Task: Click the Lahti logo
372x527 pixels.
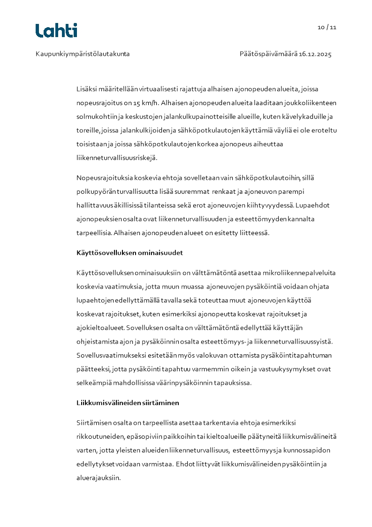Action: coord(56,31)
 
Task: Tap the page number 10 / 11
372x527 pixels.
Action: coord(327,27)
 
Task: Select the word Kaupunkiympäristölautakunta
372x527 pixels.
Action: coord(83,54)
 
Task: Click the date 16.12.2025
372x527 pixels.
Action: coord(315,54)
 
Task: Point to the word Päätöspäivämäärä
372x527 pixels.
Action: coord(268,54)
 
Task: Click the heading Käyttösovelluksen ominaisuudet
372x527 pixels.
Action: coord(129,253)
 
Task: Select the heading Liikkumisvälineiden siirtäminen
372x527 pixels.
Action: coord(128,403)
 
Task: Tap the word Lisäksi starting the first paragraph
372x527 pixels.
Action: coord(87,89)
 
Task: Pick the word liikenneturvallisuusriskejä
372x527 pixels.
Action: coord(116,158)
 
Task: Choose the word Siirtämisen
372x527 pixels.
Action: coord(94,423)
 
